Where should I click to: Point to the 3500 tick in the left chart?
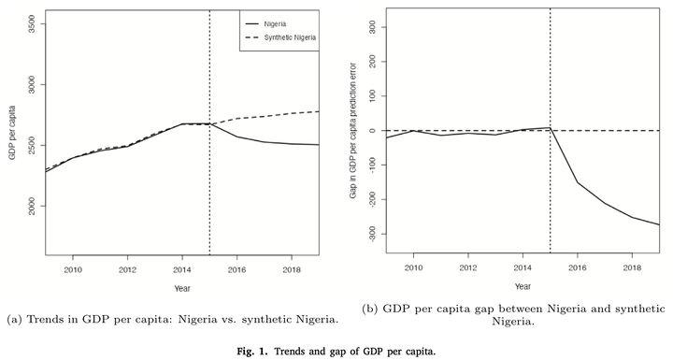pos(32,24)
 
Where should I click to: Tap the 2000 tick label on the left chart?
pos(32,206)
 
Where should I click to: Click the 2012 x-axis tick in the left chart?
pos(127,270)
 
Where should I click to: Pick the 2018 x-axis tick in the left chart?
pos(292,270)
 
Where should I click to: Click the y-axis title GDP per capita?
pos(12,133)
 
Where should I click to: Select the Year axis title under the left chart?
pos(182,288)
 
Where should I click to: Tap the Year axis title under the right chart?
pos(523,286)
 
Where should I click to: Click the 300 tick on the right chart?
pos(372,27)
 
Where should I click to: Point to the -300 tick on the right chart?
pos(372,233)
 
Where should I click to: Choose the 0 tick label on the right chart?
pos(372,131)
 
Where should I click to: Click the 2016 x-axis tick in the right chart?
pos(578,267)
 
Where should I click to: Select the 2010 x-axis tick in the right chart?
pos(413,267)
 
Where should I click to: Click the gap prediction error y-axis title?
pos(353,131)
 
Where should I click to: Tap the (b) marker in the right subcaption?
pos(369,309)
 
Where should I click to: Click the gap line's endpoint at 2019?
pos(659,224)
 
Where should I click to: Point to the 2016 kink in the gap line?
pos(578,182)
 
